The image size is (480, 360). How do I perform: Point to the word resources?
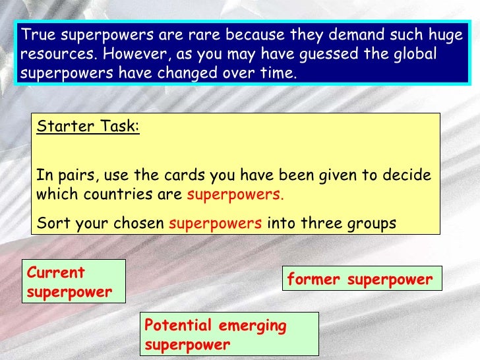click(x=51, y=53)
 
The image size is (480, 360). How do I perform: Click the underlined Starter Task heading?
click(x=88, y=127)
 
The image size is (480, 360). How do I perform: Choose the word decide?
click(x=409, y=176)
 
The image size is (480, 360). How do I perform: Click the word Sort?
click(x=50, y=223)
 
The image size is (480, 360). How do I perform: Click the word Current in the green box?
click(x=57, y=273)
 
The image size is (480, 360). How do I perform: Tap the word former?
click(x=315, y=280)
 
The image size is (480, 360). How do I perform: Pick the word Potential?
click(x=177, y=325)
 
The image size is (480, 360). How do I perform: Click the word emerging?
click(x=256, y=325)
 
